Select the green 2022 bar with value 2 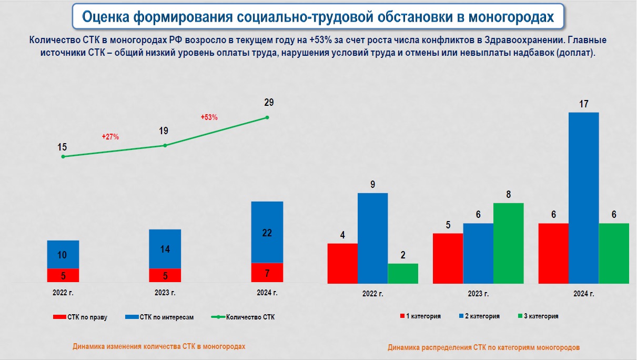tap(403, 274)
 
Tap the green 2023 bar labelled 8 tap(509, 243)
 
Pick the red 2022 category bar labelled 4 tap(342, 263)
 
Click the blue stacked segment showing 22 tap(267, 232)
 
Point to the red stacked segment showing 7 tap(267, 273)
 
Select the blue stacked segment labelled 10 tap(63, 255)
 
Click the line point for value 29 tap(267, 117)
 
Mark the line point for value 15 tap(63, 156)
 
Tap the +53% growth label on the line tap(209, 117)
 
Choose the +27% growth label tap(110, 137)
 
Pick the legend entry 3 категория tap(538, 316)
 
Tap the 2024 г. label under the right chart tap(584, 293)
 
